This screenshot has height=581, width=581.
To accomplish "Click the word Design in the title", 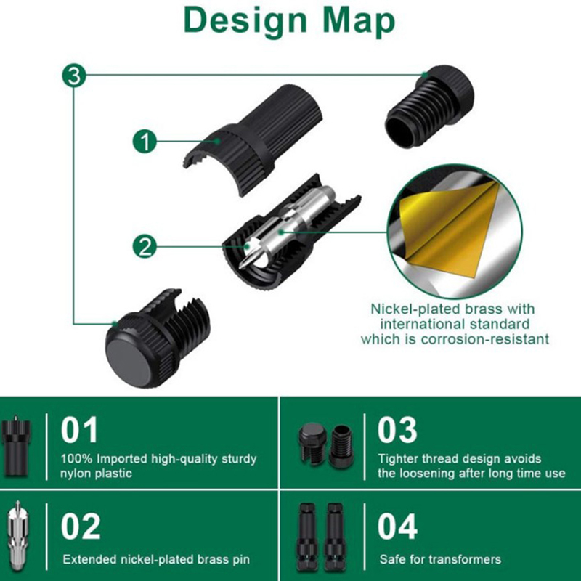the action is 245,22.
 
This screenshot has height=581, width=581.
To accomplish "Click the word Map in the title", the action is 359,22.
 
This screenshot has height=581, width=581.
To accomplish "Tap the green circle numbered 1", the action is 145,141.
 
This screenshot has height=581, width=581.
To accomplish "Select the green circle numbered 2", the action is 145,246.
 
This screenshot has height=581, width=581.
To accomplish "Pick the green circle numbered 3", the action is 74,76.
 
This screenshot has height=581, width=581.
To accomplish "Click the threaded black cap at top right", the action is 430,107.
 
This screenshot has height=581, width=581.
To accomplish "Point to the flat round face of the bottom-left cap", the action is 129,362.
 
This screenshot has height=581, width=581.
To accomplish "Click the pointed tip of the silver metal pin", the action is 243,265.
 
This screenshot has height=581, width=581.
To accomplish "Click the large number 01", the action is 79,430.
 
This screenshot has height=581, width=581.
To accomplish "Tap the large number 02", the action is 81,526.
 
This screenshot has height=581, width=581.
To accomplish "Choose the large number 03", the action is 397,430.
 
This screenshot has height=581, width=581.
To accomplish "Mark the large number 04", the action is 397,526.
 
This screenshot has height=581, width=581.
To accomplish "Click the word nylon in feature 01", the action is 76,474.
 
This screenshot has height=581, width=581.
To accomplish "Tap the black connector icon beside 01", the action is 15,446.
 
